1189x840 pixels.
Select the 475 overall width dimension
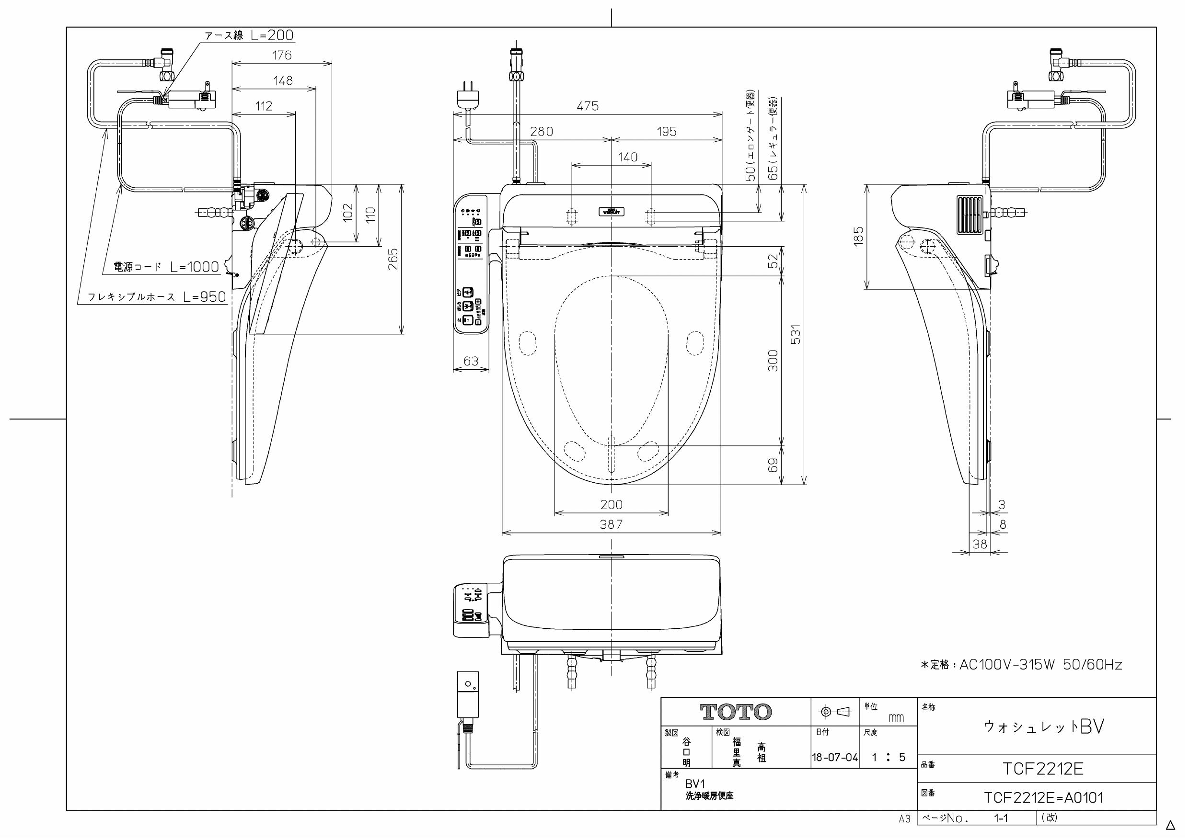pos(587,106)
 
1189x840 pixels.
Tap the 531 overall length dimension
pos(796,334)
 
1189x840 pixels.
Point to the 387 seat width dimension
pos(611,524)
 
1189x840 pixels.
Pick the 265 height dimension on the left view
pos(393,259)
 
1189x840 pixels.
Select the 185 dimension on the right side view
pos(859,236)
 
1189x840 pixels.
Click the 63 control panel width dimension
pos(471,361)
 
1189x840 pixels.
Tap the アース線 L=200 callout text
pos(249,35)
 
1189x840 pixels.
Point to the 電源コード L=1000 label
pos(166,267)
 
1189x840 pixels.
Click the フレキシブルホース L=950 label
pos(156,296)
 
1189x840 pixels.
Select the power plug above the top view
pos(468,96)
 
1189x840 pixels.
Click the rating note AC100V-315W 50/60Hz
pos(1021,665)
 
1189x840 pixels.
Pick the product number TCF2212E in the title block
pos(1042,769)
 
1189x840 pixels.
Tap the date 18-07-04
pos(834,758)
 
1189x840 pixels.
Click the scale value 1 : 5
pos(888,758)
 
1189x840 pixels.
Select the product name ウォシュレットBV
pos(1043,726)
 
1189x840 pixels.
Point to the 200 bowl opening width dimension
pos(611,504)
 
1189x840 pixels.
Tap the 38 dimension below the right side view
pos(979,544)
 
